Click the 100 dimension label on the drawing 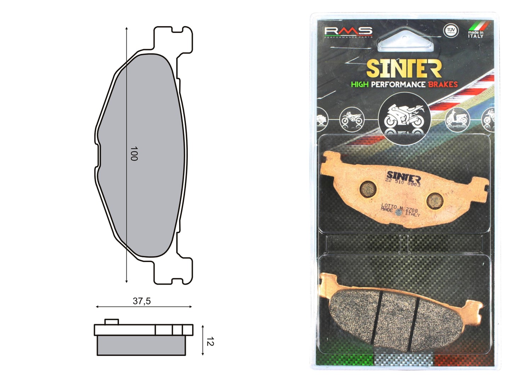(134, 154)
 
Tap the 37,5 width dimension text (142, 301)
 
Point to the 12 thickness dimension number (210, 342)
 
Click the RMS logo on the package (348, 32)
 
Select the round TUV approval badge (450, 30)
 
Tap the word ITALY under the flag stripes (475, 36)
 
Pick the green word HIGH (359, 84)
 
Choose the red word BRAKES (443, 84)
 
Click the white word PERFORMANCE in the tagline (398, 84)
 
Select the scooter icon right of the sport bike (457, 118)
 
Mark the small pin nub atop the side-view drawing (111, 322)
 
